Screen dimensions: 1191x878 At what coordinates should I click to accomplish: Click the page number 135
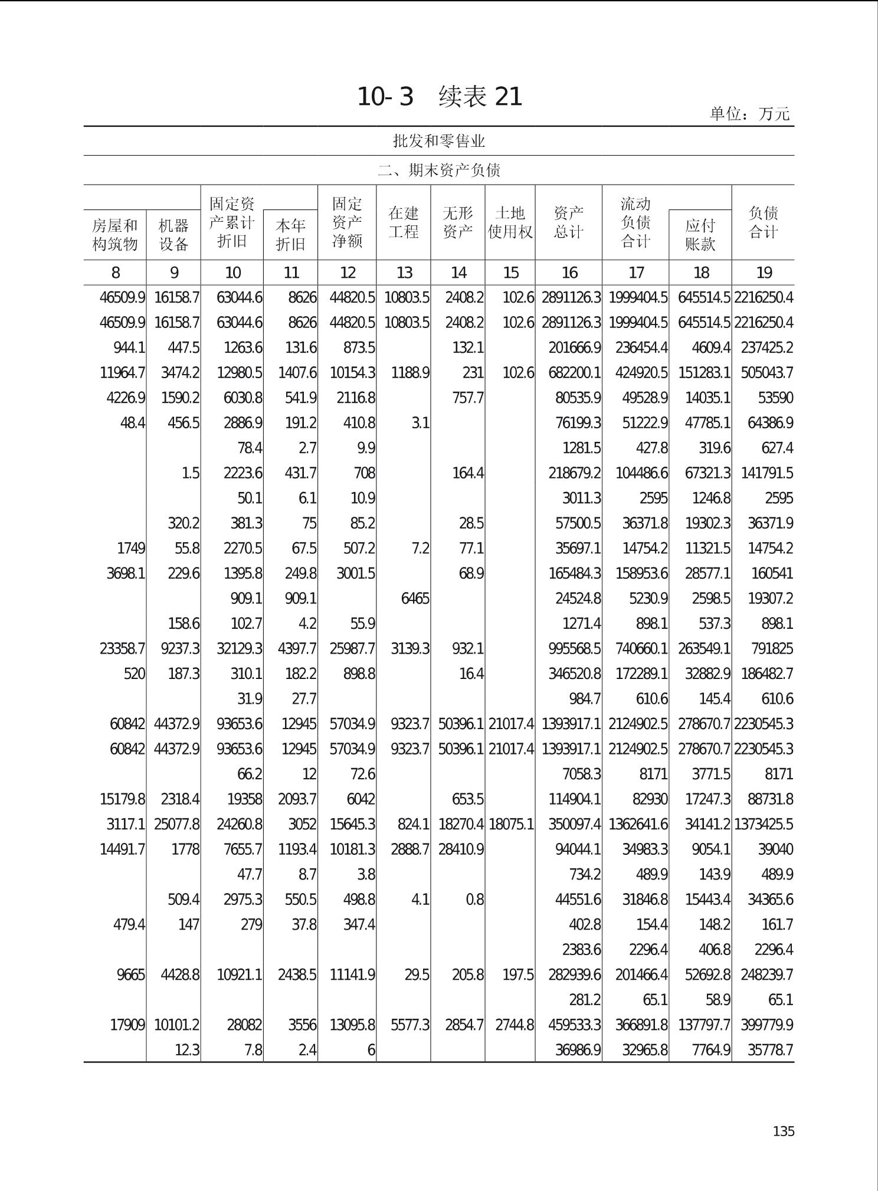click(x=783, y=1131)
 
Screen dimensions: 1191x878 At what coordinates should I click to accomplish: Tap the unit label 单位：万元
click(x=749, y=114)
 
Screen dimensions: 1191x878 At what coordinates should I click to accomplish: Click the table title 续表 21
click(x=480, y=97)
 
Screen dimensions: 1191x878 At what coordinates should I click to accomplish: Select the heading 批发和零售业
click(x=439, y=141)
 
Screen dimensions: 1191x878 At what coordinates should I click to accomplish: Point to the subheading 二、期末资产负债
click(x=439, y=170)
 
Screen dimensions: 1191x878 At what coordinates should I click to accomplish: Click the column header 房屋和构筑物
click(x=115, y=235)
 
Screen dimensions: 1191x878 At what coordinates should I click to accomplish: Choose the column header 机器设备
click(x=173, y=235)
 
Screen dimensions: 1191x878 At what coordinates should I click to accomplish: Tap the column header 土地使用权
click(x=510, y=222)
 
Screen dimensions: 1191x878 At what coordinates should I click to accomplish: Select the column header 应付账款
click(x=700, y=235)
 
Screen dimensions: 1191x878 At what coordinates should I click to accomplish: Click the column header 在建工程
click(x=404, y=222)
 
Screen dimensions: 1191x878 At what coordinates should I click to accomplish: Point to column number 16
click(x=569, y=273)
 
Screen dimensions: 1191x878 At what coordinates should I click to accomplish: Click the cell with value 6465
click(x=415, y=599)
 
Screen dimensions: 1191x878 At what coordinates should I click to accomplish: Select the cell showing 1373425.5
click(x=764, y=824)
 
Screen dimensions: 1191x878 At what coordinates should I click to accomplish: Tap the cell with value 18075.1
click(x=511, y=824)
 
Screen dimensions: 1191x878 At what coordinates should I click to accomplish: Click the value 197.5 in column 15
click(x=517, y=975)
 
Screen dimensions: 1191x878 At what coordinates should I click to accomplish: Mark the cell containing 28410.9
click(x=461, y=849)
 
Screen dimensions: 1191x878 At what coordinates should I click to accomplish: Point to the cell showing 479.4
click(x=129, y=924)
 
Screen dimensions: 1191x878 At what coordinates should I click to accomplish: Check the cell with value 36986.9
click(x=578, y=1050)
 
